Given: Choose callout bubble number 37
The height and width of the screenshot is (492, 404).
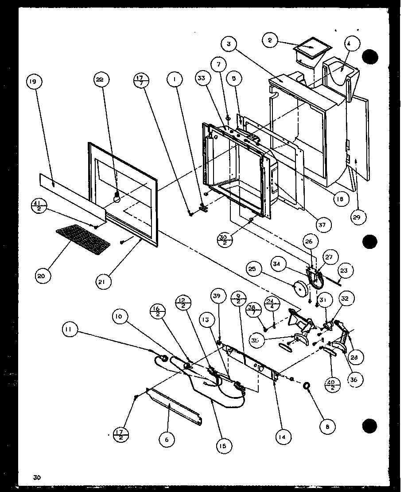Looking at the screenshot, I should (321, 224).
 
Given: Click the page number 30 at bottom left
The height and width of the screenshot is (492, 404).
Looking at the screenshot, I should (36, 477).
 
